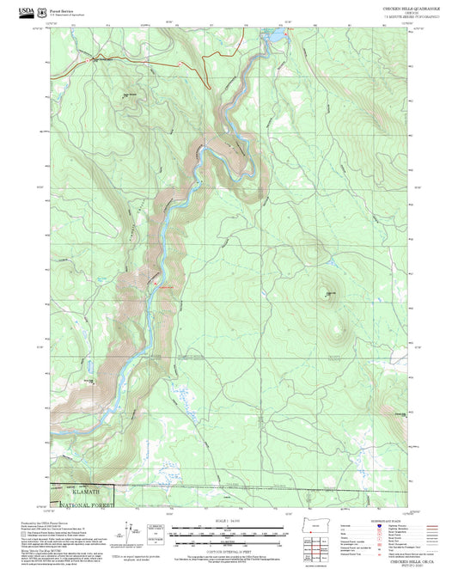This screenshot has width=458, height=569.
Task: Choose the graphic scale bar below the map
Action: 226,528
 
